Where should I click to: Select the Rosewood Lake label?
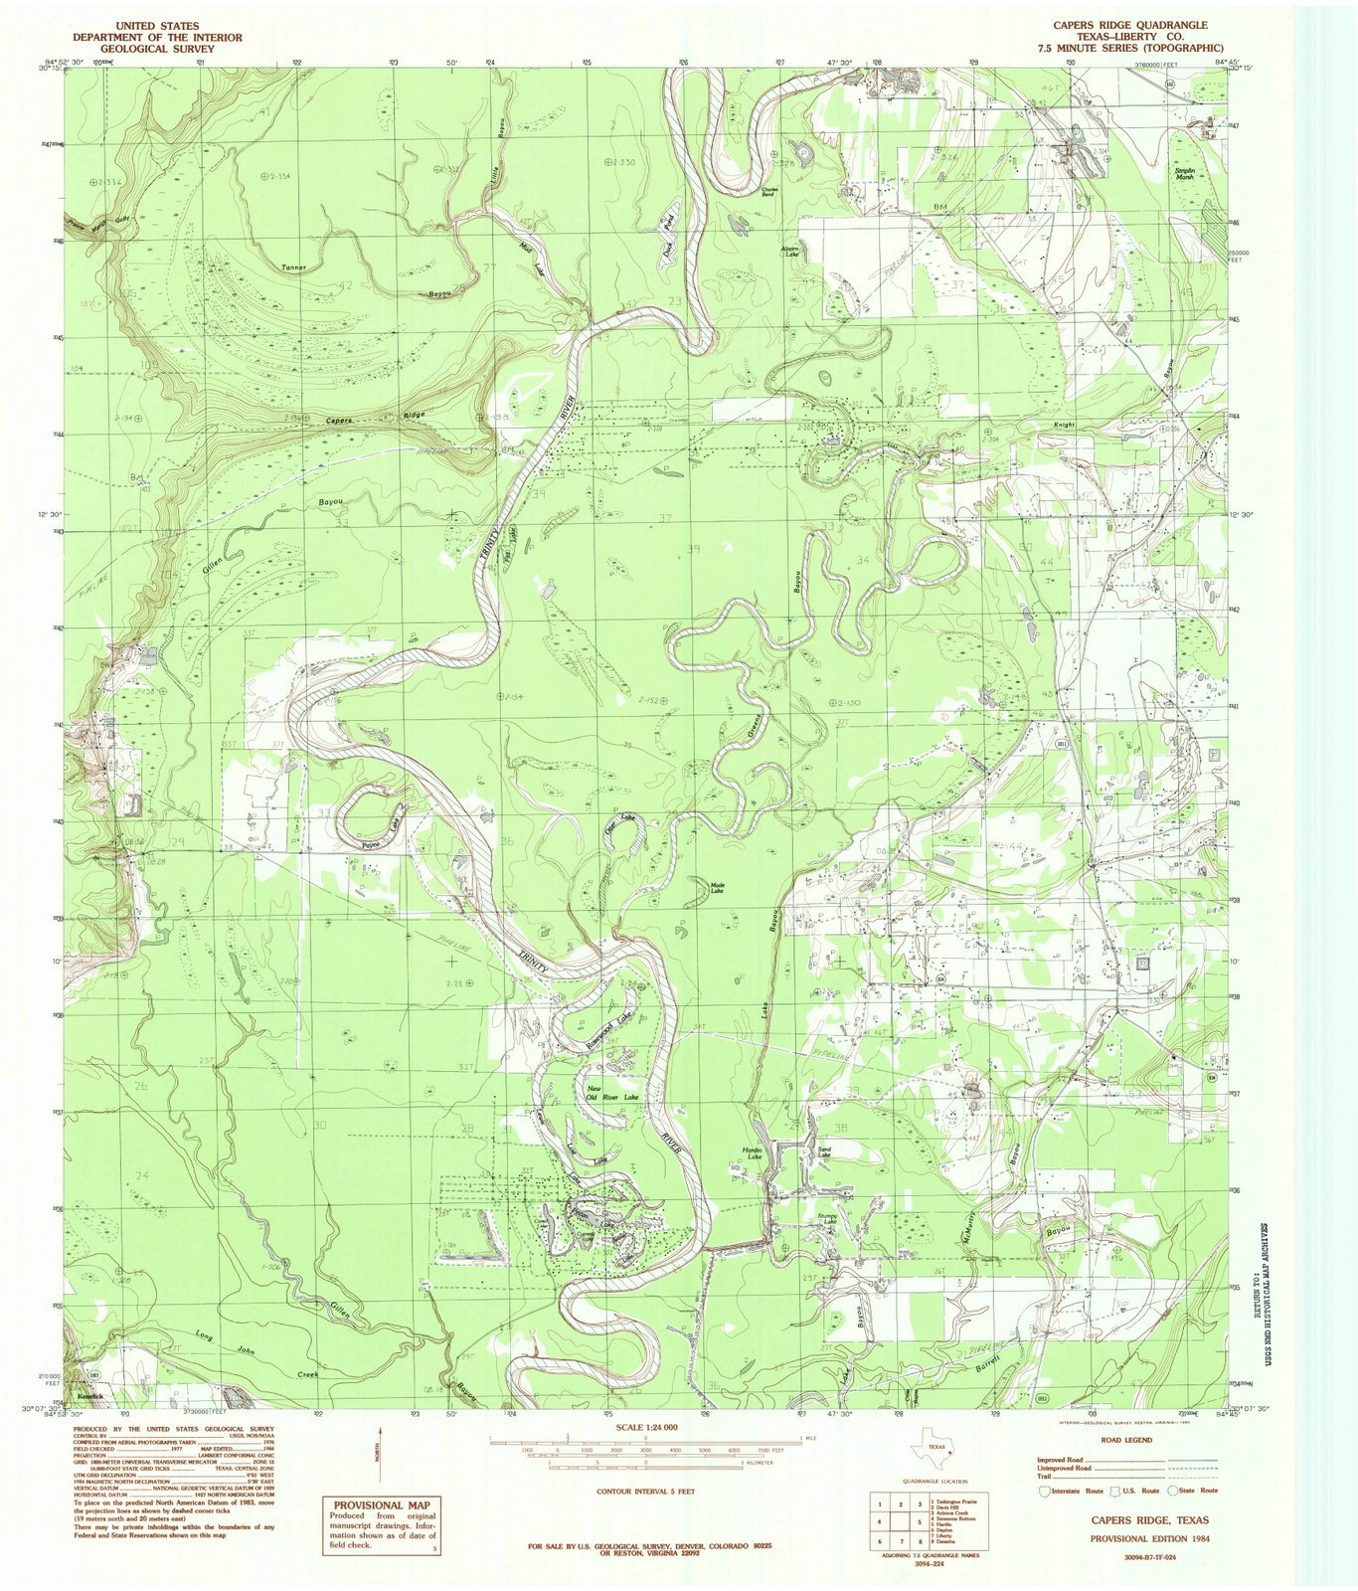pos(608,1032)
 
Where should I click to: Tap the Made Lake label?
pos(716,887)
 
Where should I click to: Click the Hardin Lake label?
pos(753,1153)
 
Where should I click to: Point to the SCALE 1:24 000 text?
pos(645,1426)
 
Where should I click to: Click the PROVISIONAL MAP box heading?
pos(382,1505)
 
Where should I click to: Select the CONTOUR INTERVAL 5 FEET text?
pos(645,1492)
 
